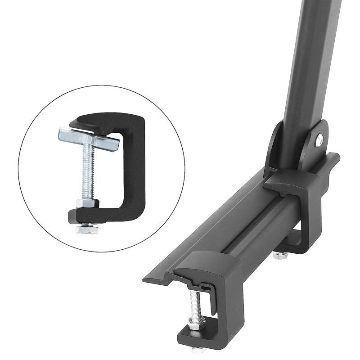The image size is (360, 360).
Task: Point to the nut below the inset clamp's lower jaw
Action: click(87, 229)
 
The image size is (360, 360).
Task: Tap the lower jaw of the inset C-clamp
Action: click(108, 216)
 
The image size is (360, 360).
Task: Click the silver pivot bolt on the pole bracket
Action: click(319, 141)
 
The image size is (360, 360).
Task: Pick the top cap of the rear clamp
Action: click(288, 180)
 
